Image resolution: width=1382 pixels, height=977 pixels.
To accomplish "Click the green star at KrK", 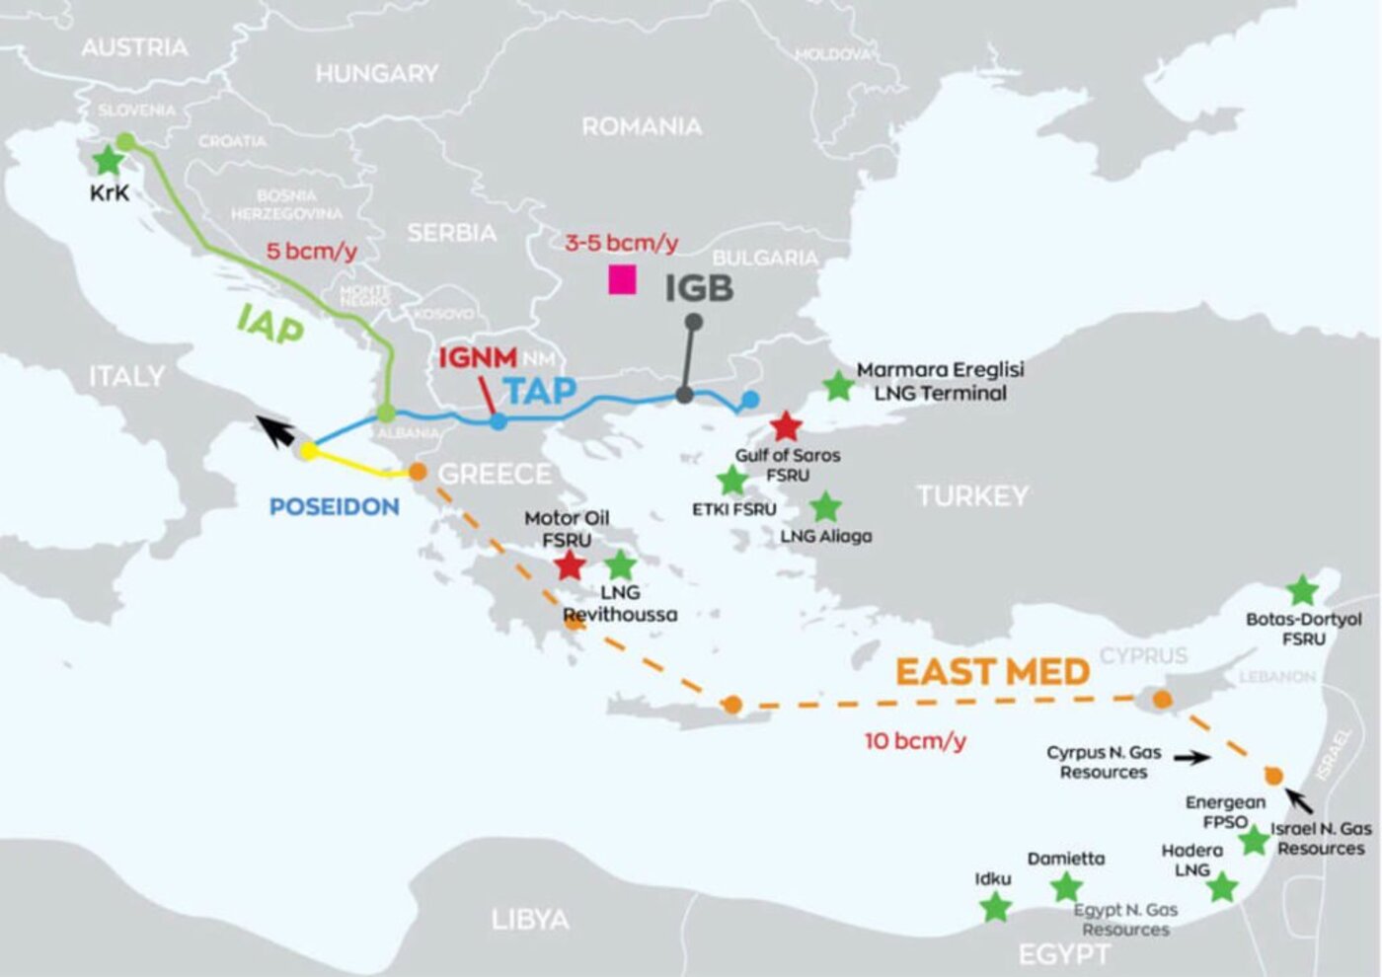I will tap(106, 161).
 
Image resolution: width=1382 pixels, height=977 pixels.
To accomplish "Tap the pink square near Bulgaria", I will tap(622, 280).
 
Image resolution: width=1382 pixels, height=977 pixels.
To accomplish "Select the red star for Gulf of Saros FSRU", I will tap(786, 426).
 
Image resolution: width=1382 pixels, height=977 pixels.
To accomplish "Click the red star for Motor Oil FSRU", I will tap(570, 565).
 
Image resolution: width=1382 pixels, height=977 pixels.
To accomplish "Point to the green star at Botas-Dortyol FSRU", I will tap(1303, 590).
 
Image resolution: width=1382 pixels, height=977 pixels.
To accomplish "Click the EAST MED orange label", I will tap(992, 672).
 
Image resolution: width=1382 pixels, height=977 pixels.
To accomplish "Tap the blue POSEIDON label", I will tap(335, 506).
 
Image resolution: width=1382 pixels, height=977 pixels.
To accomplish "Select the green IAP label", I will tap(269, 324).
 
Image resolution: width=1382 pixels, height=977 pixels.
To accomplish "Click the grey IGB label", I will tap(699, 288).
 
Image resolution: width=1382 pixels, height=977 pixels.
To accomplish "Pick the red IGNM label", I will tap(478, 357).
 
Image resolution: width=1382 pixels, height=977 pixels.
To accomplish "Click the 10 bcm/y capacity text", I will tap(915, 740).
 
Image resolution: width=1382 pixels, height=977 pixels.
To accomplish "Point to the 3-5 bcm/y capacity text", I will tap(621, 243).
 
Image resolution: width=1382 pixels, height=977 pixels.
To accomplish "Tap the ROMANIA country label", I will tap(642, 126).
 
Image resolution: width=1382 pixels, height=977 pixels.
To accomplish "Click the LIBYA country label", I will tap(530, 920).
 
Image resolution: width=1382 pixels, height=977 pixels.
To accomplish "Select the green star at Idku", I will tap(995, 906).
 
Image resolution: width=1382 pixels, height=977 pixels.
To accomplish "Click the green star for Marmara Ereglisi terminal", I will tap(838, 386).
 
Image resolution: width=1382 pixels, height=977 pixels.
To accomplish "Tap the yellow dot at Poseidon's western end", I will tap(308, 451).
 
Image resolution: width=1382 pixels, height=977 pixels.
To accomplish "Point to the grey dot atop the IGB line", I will tap(694, 322).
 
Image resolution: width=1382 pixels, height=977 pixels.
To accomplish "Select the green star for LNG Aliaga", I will tap(825, 507).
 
